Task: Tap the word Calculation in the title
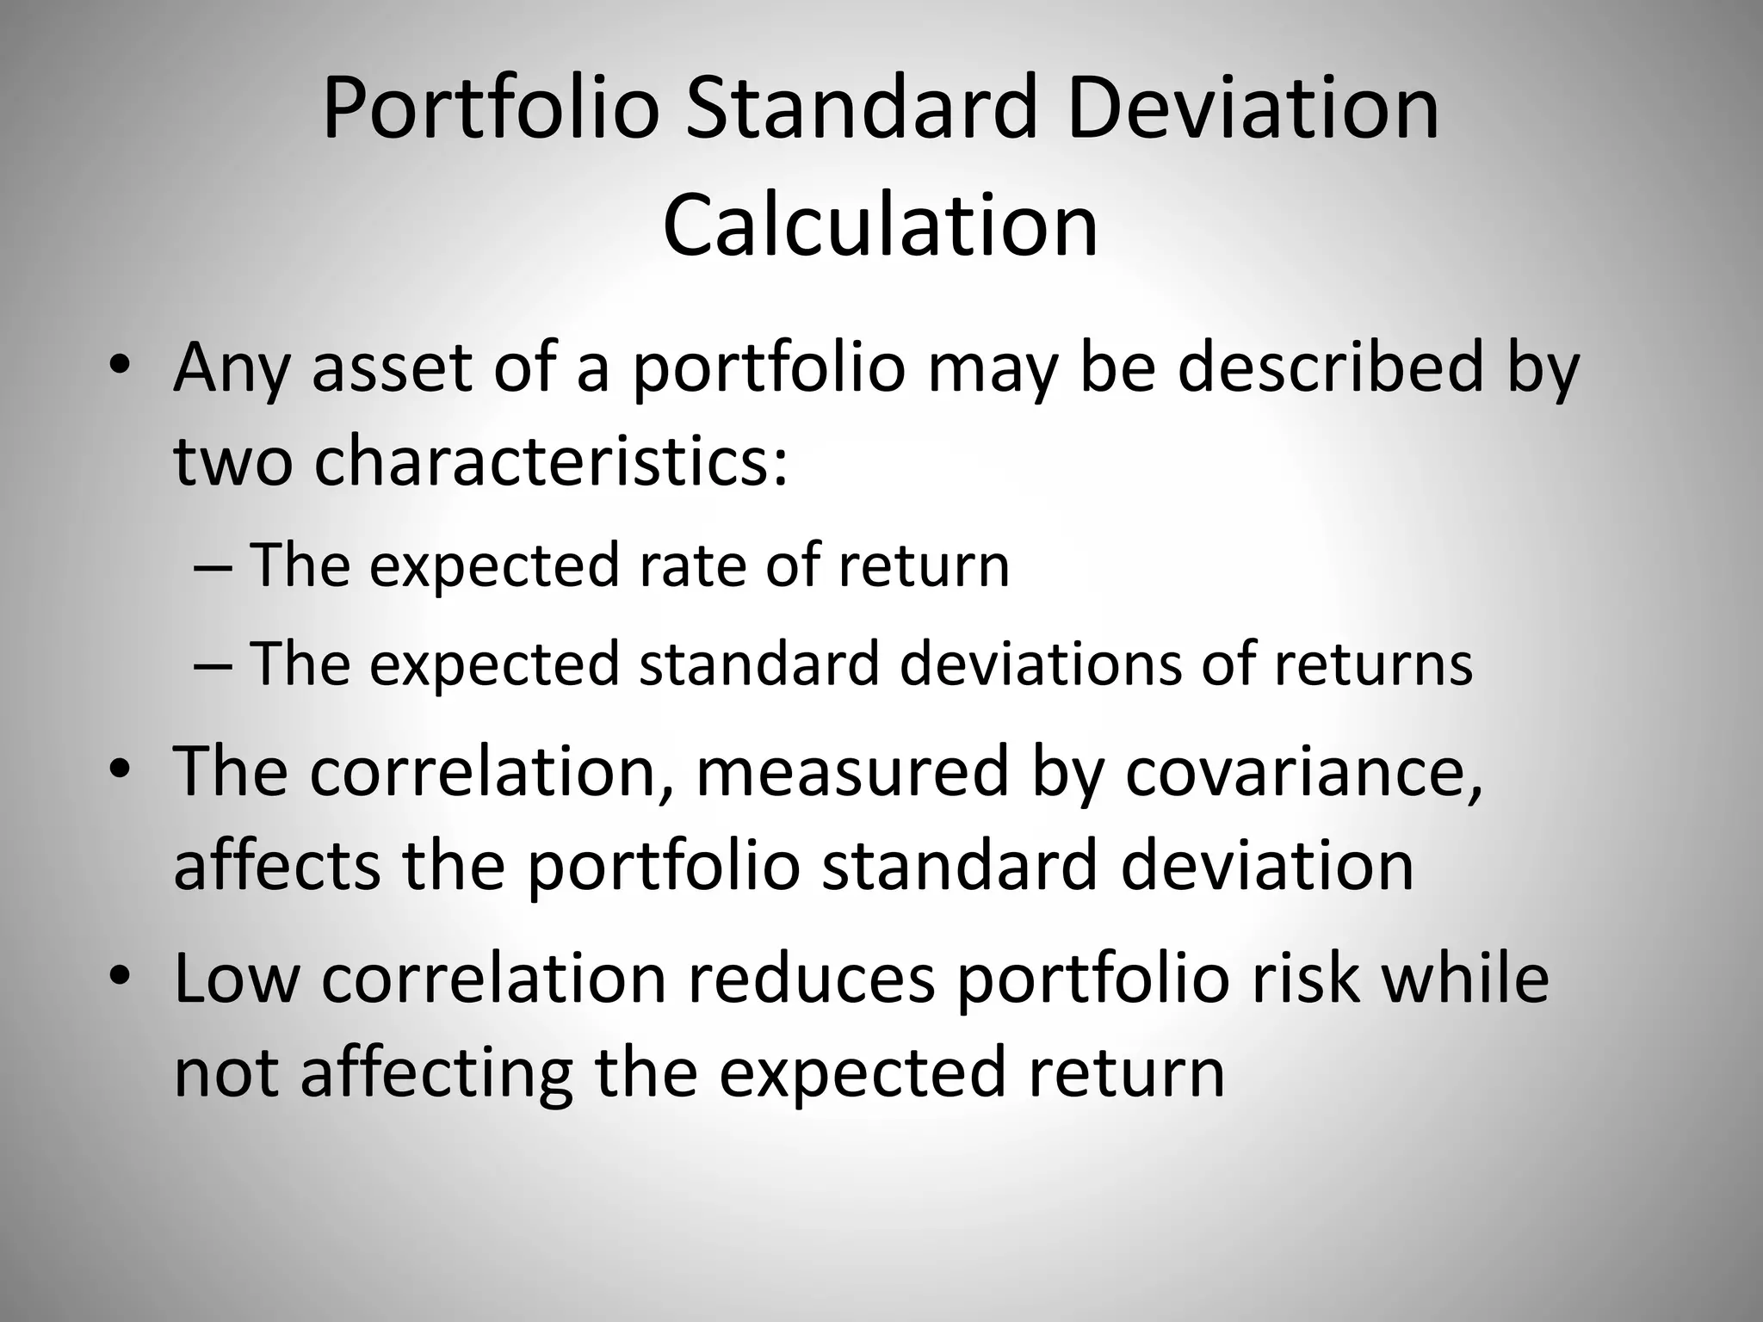(881, 225)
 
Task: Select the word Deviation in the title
(1253, 109)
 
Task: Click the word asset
(393, 368)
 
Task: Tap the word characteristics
(551, 459)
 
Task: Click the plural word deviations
(1041, 664)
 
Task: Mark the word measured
(851, 770)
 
